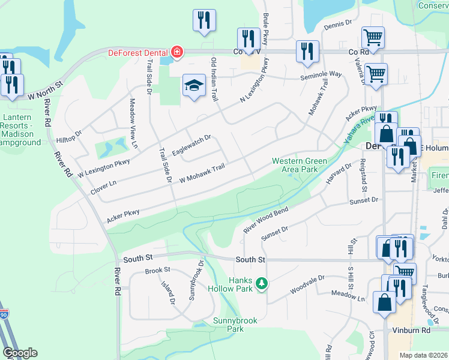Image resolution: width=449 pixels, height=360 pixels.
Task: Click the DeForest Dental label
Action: click(137, 52)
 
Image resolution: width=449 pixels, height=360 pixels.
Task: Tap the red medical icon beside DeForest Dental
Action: click(176, 52)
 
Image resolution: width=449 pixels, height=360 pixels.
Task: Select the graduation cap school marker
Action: click(194, 86)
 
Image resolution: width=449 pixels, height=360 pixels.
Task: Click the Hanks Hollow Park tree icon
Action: click(261, 283)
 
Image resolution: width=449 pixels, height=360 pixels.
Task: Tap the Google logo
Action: click(20, 353)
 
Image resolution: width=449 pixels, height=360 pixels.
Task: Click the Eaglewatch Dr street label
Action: click(191, 146)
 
